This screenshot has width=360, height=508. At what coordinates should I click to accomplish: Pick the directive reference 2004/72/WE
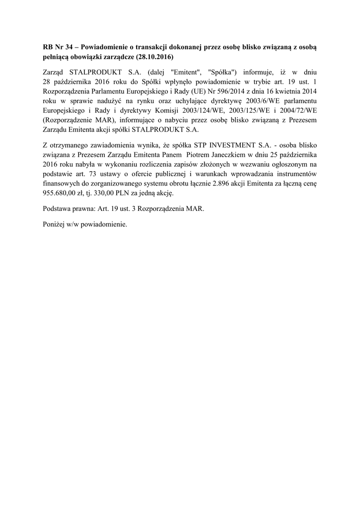[x=301, y=112]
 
